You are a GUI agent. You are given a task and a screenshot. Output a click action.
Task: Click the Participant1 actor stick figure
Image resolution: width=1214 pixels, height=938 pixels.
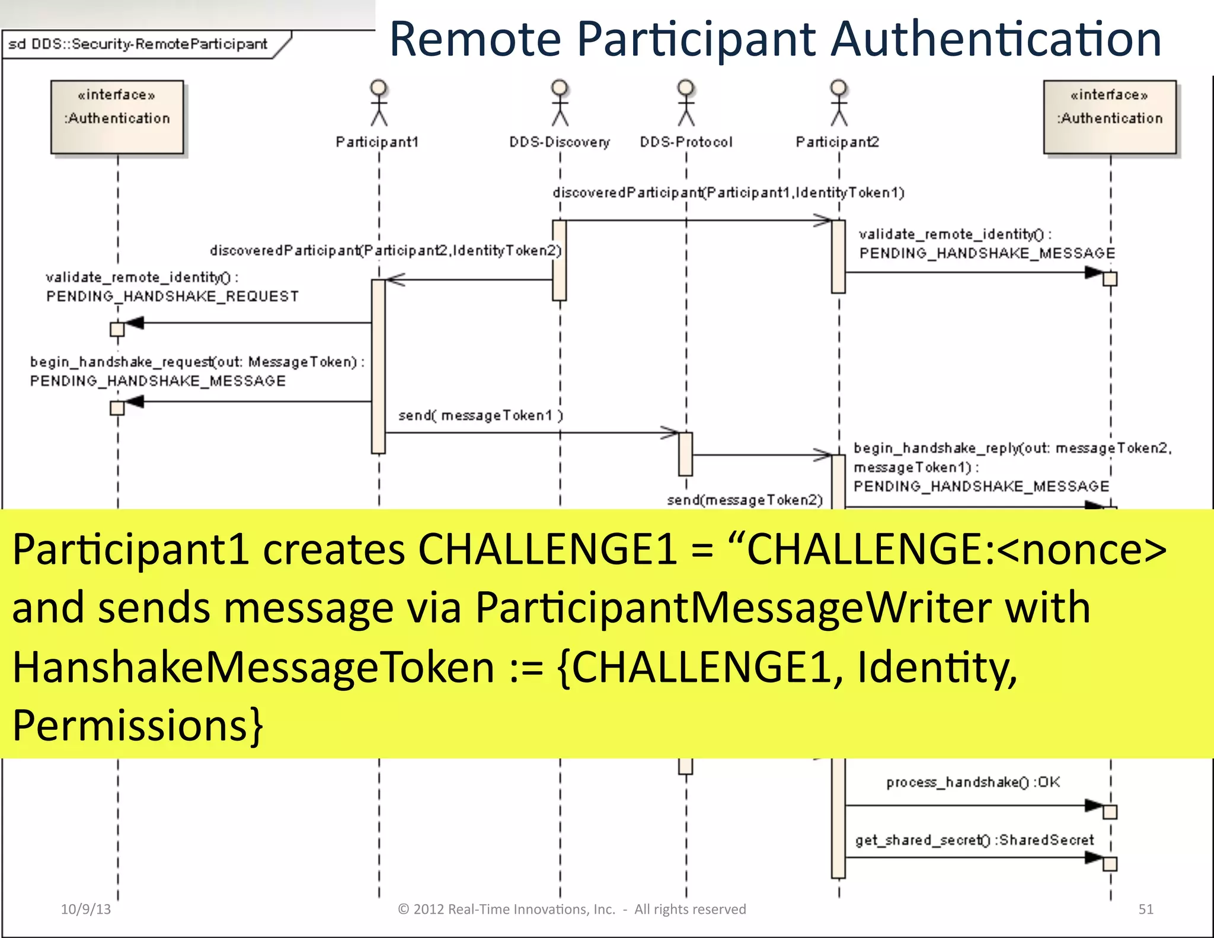point(379,103)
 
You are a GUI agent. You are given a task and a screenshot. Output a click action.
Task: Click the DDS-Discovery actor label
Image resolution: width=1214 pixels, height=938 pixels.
point(560,142)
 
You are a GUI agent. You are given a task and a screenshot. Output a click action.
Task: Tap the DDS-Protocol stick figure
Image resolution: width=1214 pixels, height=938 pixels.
point(686,103)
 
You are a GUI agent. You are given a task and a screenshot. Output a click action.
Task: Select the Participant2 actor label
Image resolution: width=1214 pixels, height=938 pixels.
point(837,142)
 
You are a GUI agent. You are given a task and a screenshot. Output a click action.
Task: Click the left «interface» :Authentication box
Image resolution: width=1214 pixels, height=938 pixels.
point(117,117)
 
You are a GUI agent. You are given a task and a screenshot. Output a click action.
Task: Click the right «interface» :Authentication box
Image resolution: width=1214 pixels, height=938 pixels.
point(1110,117)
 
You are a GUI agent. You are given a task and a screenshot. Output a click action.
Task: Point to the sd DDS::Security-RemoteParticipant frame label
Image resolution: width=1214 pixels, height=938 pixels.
point(138,44)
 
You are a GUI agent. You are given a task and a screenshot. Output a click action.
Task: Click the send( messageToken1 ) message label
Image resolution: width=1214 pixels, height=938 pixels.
point(480,416)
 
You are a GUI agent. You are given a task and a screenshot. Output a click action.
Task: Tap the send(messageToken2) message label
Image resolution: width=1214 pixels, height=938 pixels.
point(745,500)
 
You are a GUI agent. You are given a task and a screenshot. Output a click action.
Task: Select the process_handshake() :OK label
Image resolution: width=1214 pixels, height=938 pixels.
point(973,783)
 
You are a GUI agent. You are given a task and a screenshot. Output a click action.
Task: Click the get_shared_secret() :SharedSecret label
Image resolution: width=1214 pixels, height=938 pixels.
point(974,840)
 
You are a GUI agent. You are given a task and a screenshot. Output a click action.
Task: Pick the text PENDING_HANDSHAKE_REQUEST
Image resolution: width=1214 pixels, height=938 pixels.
point(172,296)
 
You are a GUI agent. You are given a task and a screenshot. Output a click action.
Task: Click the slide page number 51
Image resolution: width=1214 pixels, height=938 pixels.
point(1145,909)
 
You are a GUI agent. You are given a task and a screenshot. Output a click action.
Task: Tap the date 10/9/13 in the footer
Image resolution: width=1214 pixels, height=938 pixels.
point(86,909)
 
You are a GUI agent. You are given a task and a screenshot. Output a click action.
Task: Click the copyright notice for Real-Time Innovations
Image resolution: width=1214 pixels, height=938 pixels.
point(571,909)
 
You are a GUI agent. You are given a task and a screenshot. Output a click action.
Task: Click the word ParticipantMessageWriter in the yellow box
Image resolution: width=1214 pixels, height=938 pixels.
point(733,608)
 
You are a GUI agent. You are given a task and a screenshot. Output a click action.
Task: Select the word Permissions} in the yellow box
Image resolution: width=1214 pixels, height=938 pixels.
point(138,726)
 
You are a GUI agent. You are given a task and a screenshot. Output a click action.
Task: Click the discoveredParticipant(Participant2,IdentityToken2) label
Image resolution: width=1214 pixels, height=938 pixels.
point(385,251)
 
